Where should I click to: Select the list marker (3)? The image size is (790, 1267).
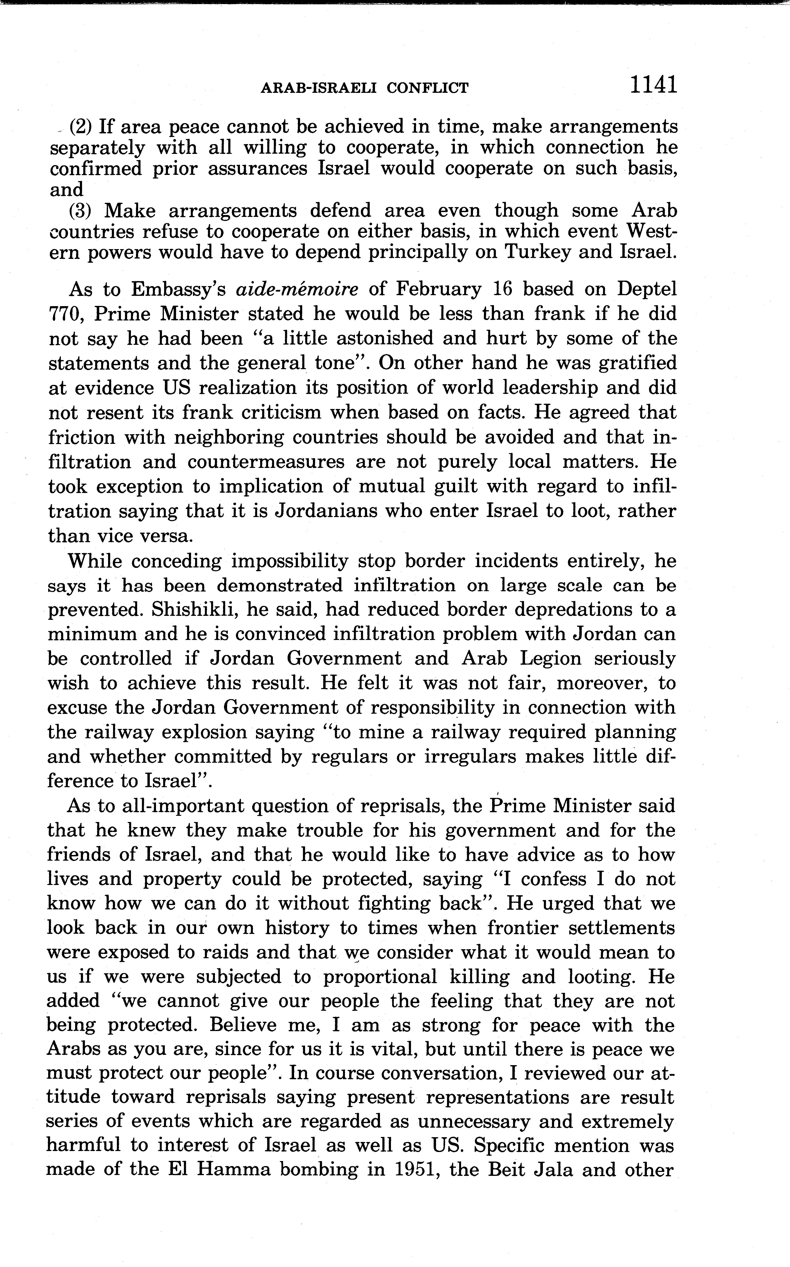81,211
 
